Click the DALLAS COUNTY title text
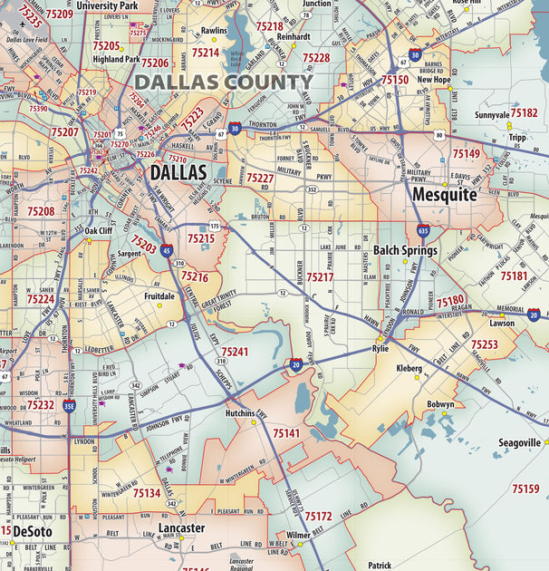coord(223,82)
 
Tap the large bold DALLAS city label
coord(178,172)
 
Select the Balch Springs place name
coord(405,250)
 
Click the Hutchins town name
coord(239,412)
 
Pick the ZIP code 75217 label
coord(320,277)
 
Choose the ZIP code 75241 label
coord(235,351)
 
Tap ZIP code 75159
coord(525,489)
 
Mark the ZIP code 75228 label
coord(316,57)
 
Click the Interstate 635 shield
coord(423,231)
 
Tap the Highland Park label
coord(116,59)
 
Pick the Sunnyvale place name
coord(491,115)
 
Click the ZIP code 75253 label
coord(484,344)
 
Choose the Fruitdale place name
coord(159,295)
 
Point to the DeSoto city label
coord(33,530)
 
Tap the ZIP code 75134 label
coord(147,494)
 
